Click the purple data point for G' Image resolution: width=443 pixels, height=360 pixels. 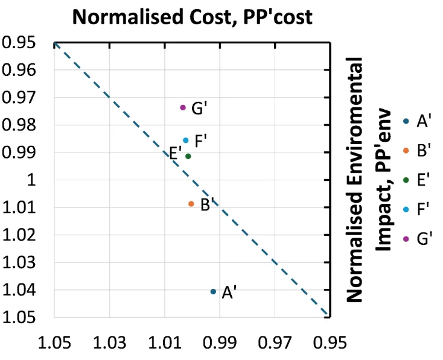(x=183, y=107)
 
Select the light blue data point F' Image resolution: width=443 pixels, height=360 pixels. (x=186, y=141)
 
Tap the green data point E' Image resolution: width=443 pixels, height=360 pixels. (x=188, y=156)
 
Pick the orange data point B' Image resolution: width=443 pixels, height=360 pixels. (x=191, y=204)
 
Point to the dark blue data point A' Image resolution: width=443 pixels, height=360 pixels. (x=213, y=292)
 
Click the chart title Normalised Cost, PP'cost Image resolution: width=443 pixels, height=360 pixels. (x=192, y=16)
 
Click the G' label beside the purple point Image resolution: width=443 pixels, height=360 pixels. (x=200, y=109)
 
